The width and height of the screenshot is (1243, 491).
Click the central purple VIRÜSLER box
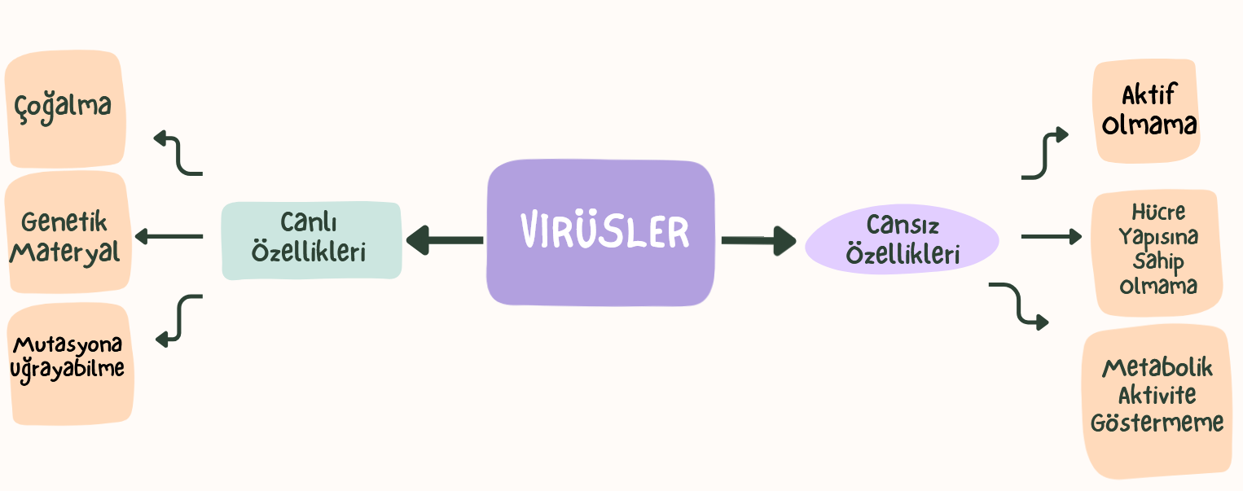(x=601, y=233)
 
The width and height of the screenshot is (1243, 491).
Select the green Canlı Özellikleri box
(x=311, y=240)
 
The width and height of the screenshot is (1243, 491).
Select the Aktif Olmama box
(x=1147, y=111)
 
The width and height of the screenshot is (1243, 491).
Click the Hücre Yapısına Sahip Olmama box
(x=1157, y=252)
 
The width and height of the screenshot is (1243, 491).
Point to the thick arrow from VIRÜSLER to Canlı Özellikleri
(x=444, y=240)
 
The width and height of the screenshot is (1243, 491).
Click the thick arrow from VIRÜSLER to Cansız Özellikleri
(x=758, y=240)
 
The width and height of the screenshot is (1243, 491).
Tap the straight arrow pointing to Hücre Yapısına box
(x=1052, y=237)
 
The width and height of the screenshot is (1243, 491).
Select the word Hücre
(x=1158, y=213)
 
